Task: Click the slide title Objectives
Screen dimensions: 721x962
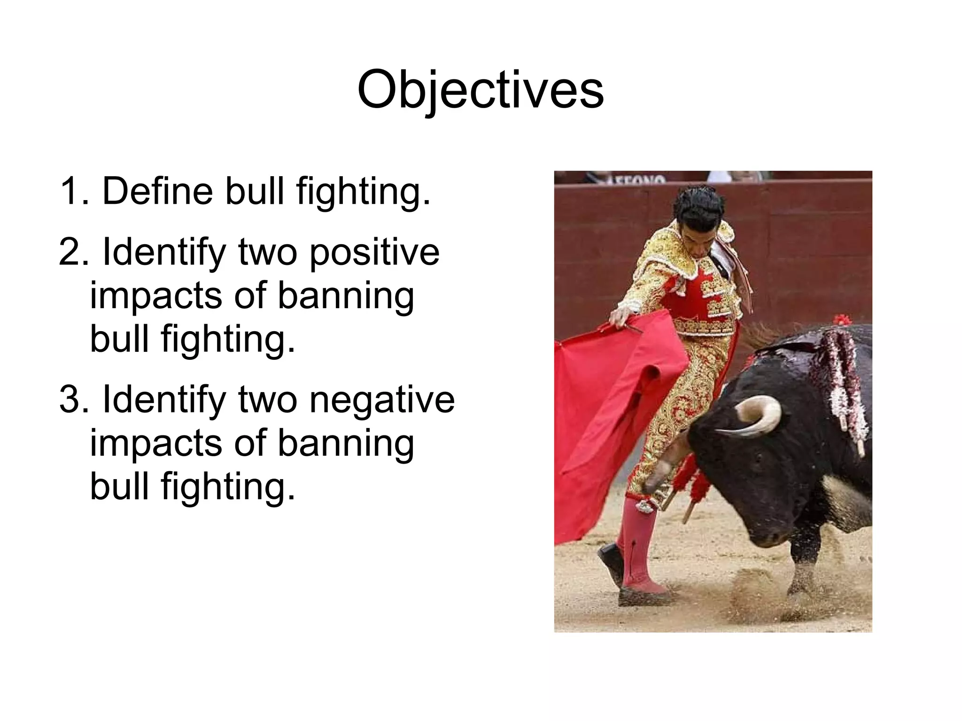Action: tap(480, 89)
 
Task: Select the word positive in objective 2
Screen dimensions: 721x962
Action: tap(374, 252)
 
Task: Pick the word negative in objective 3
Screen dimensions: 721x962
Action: tap(382, 399)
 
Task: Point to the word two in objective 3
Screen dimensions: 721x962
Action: tap(267, 399)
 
